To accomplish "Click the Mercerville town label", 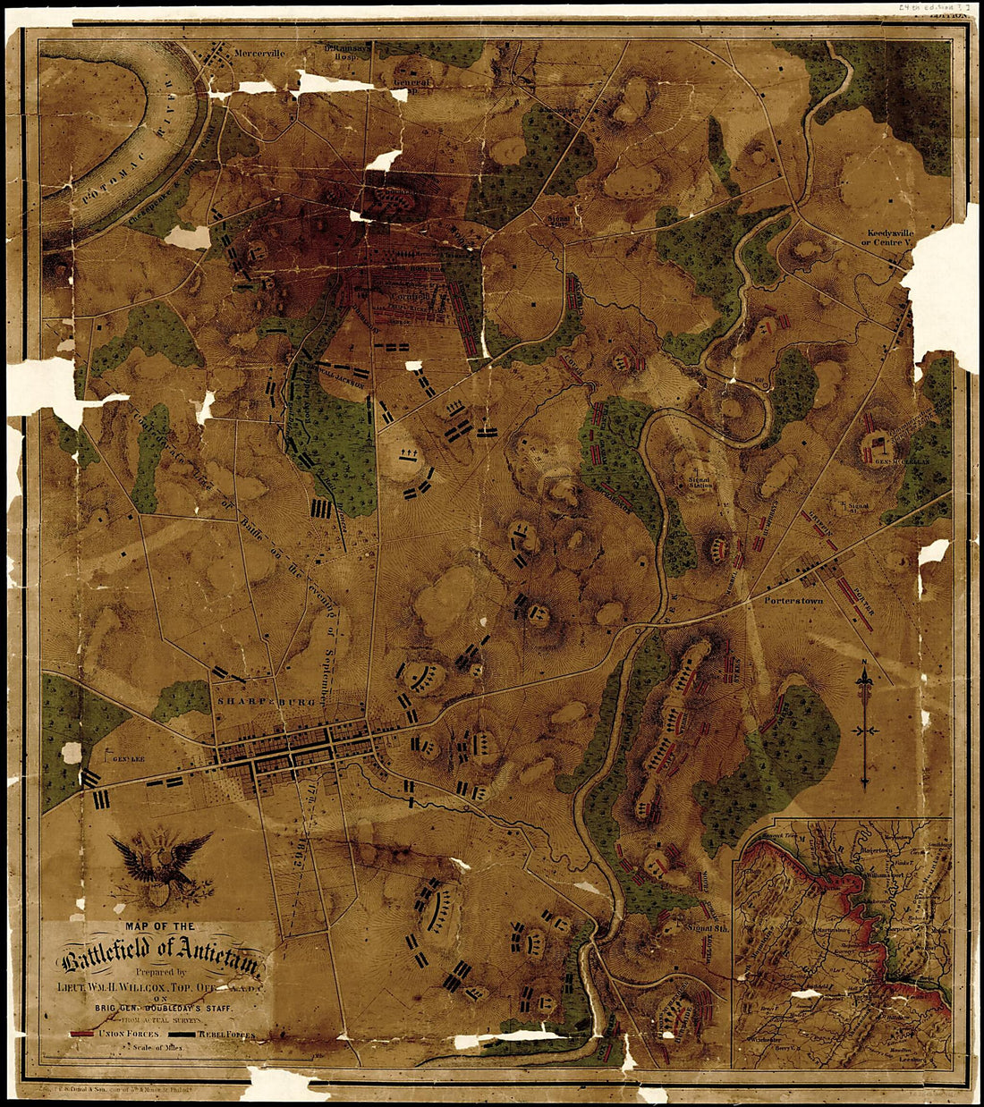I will [x=259, y=53].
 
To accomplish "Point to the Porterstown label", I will [x=793, y=601].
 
